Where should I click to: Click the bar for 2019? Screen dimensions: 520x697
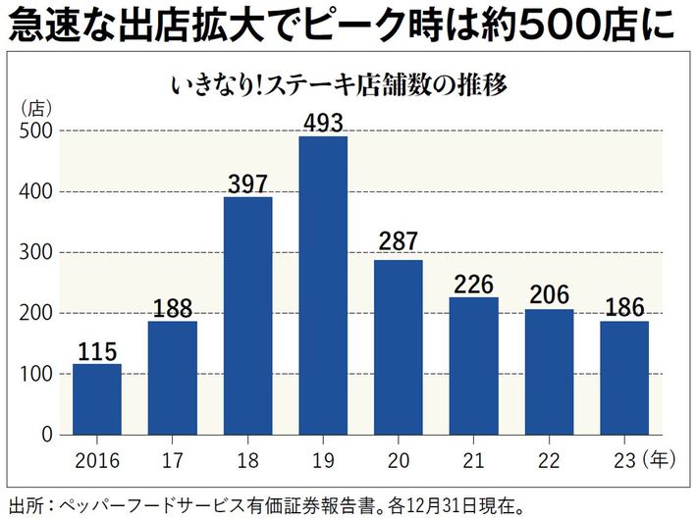click(323, 285)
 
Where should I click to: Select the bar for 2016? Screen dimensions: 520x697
click(97, 398)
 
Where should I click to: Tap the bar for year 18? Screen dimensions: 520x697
click(247, 315)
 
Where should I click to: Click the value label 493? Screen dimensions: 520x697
click(323, 122)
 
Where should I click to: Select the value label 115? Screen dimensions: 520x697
click(97, 350)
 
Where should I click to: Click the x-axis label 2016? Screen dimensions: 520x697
click(97, 457)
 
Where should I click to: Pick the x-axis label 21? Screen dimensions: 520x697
click(473, 457)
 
